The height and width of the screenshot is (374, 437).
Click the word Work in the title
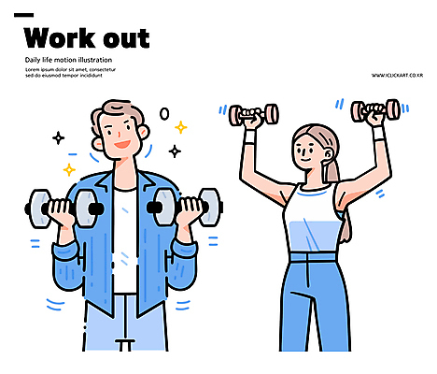pyautogui.click(x=60, y=38)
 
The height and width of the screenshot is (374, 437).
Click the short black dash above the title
pyautogui.click(x=24, y=15)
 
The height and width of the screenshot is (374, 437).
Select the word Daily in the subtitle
pyautogui.click(x=33, y=60)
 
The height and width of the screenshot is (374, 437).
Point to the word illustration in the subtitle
pyautogui.click(x=95, y=60)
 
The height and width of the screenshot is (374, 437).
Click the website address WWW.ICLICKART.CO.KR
pyautogui.click(x=397, y=75)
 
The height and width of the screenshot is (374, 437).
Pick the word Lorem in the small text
pyautogui.click(x=33, y=69)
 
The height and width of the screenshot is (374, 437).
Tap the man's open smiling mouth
pyautogui.click(x=122, y=145)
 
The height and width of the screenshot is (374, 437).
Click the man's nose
pyautogui.click(x=119, y=134)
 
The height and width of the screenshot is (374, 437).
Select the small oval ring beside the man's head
pyautogui.click(x=164, y=114)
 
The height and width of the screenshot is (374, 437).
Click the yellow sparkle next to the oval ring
pyautogui.click(x=181, y=127)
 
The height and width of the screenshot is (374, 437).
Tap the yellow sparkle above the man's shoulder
pyautogui.click(x=69, y=170)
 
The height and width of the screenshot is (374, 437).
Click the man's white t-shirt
pyautogui.click(x=125, y=240)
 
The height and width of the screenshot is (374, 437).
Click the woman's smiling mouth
pyautogui.click(x=306, y=160)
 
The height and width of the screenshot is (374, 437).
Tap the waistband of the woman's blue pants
pyautogui.click(x=313, y=257)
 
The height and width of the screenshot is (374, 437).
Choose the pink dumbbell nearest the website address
pyautogui.click(x=376, y=110)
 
